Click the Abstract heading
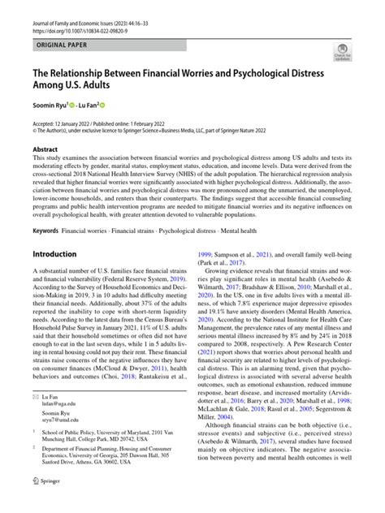click(x=45, y=150)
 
